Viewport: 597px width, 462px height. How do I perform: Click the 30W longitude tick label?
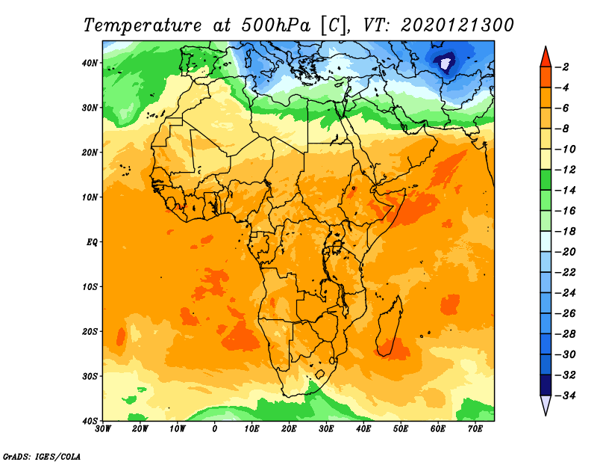pos(103,429)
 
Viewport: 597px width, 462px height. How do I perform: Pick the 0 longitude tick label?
pos(215,429)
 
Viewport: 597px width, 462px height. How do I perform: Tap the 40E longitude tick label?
pos(364,429)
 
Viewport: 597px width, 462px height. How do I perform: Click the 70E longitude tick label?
pos(475,429)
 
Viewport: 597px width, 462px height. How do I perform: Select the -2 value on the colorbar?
pos(565,67)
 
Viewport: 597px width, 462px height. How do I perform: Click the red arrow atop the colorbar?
pos(546,56)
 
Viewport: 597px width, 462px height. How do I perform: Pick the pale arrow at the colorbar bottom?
pos(546,405)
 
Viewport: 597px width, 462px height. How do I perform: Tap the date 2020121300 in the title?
pos(457,25)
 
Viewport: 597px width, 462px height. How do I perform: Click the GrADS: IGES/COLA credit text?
pos(42,455)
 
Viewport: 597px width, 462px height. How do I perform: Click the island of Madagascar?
pos(390,325)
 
